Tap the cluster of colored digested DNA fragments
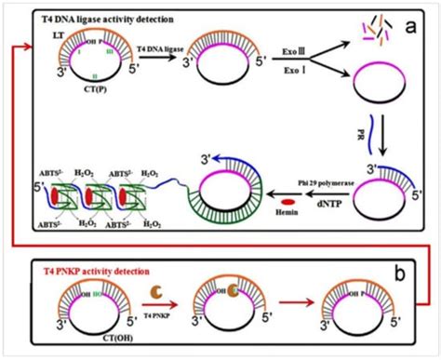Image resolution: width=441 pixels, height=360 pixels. (x=367, y=31)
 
